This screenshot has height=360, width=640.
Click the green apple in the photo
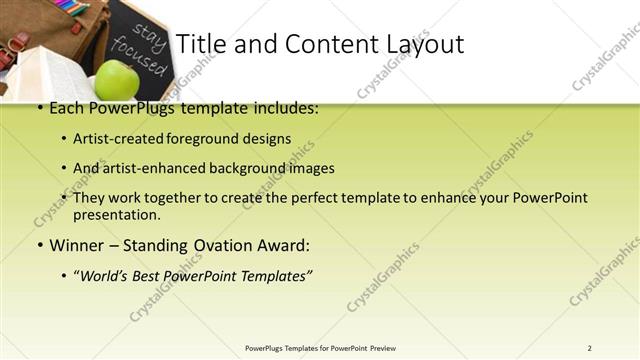tap(116, 79)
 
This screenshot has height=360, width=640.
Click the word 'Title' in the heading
tap(198, 44)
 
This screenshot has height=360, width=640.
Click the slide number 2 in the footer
tap(589, 348)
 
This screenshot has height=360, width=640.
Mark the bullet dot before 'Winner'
tap(39, 246)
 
